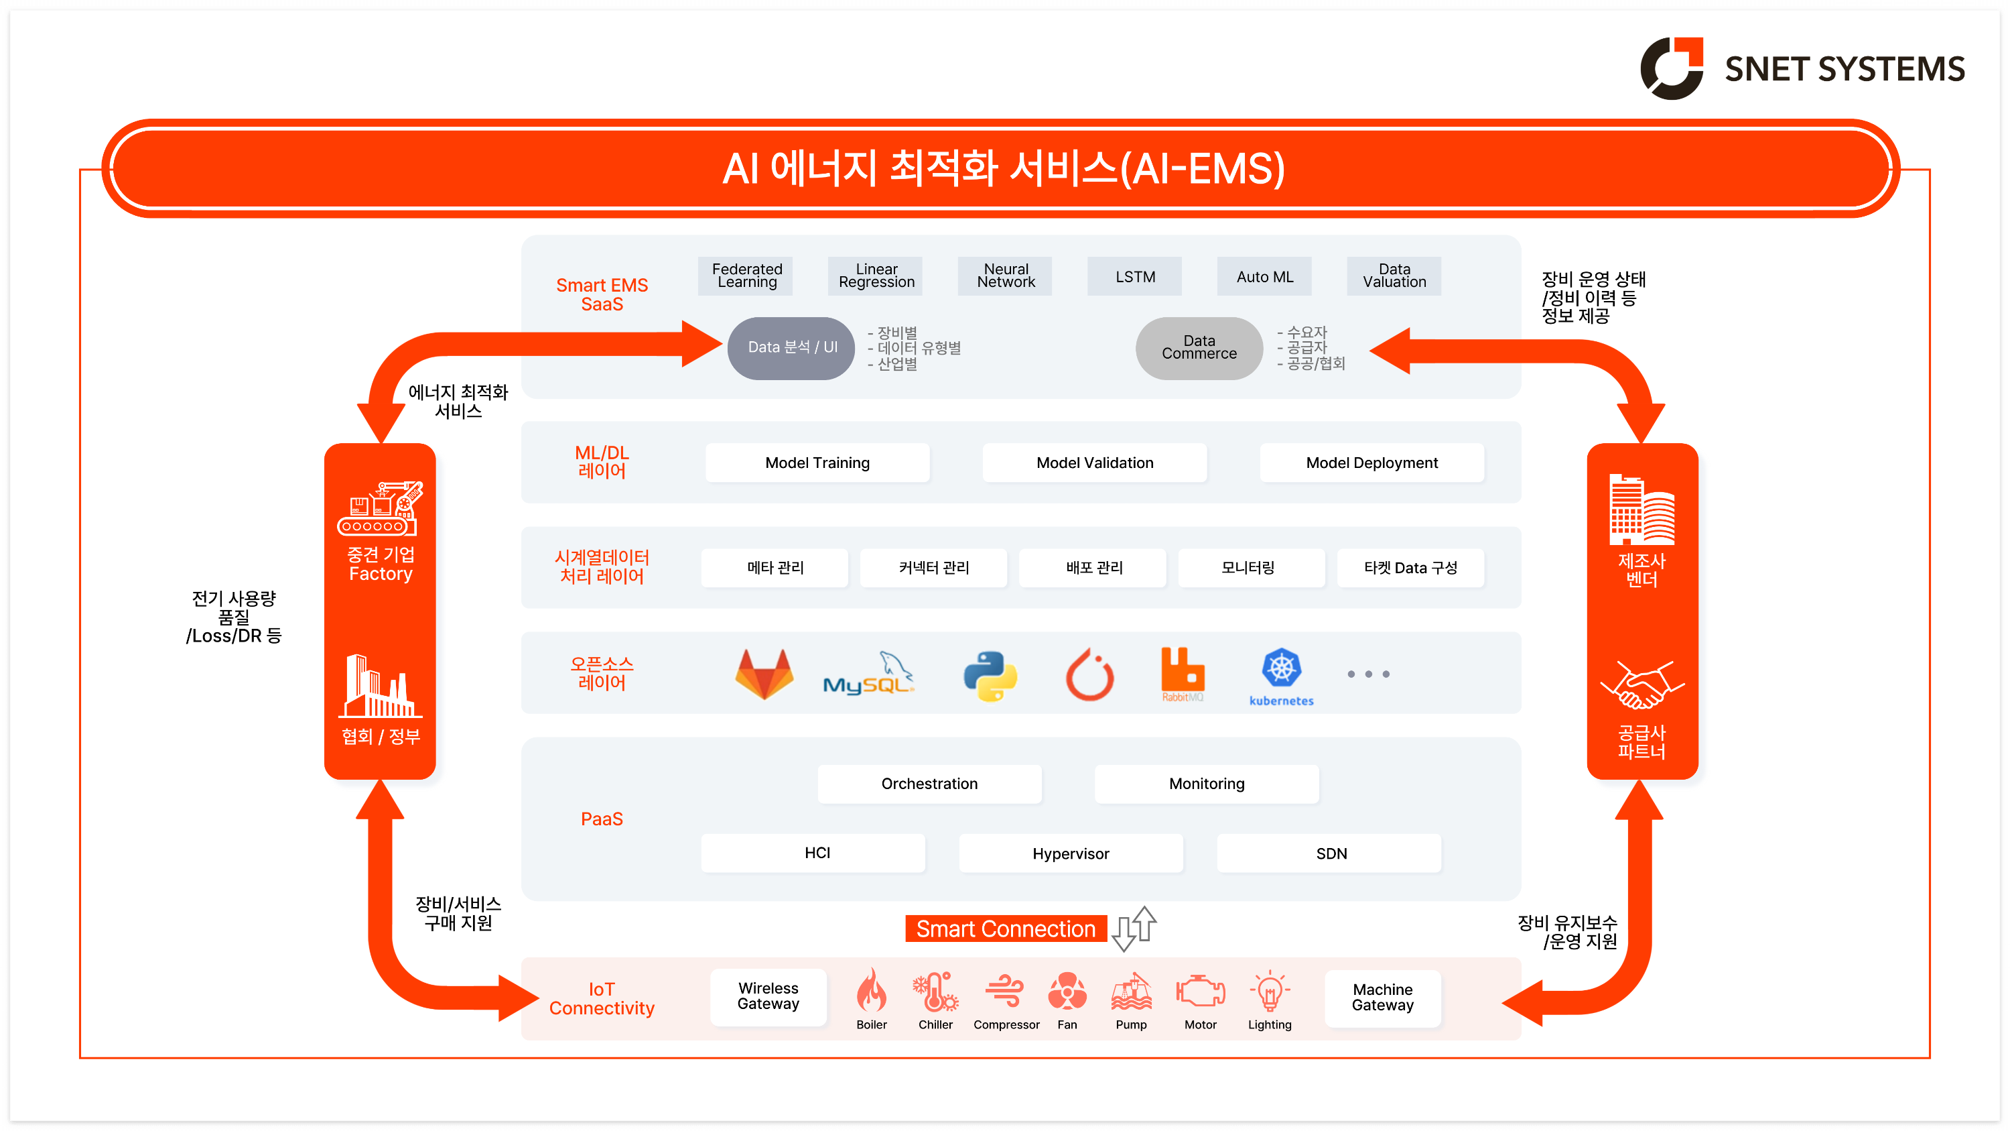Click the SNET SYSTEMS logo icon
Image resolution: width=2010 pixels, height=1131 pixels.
[x=1672, y=68]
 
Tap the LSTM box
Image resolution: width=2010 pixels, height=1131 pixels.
[x=1134, y=276]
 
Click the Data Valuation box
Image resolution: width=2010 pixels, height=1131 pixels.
[x=1394, y=276]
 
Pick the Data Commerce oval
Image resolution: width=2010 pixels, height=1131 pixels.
[x=1199, y=347]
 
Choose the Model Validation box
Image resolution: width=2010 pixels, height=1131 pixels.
[x=1094, y=463]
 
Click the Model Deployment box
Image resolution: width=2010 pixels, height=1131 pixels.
[x=1371, y=463]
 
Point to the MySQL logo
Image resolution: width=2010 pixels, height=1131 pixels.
[x=868, y=674]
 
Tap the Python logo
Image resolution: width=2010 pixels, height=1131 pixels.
[x=990, y=675]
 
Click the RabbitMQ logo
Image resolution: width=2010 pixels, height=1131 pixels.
[x=1182, y=673]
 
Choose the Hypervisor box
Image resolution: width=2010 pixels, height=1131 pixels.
[x=1071, y=853]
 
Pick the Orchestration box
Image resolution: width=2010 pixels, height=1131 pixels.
[x=929, y=784]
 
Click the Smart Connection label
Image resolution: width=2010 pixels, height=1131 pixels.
[x=1005, y=929]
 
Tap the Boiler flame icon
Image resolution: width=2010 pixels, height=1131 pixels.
[x=871, y=992]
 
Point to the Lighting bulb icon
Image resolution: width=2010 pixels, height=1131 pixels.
[x=1270, y=992]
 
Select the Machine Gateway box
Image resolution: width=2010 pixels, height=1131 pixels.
[x=1382, y=998]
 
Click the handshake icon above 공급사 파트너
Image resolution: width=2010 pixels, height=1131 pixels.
[x=1641, y=685]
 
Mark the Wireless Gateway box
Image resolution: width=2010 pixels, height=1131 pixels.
[x=768, y=997]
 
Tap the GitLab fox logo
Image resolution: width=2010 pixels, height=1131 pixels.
[x=764, y=674]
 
